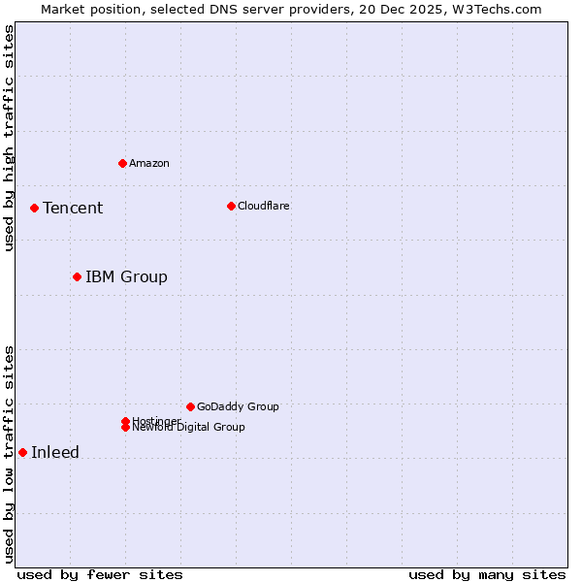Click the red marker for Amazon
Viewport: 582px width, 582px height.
point(122,163)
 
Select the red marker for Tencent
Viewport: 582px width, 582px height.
point(34,208)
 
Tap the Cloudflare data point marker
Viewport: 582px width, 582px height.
point(231,206)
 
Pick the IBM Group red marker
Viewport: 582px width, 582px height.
point(77,276)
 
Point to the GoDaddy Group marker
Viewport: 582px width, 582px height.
point(190,406)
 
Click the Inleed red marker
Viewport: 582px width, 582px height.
point(22,452)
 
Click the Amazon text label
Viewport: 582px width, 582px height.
point(149,163)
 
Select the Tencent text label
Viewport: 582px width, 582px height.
point(73,208)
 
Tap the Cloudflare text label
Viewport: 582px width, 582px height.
point(264,206)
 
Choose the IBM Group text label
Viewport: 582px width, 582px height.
point(126,276)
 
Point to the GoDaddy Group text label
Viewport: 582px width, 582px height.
point(238,406)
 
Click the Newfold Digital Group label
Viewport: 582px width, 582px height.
point(189,428)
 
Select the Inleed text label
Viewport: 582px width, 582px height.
point(55,452)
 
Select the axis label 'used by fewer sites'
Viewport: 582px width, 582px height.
point(100,574)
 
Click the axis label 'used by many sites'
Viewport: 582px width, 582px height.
point(487,574)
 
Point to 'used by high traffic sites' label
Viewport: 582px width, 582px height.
point(9,138)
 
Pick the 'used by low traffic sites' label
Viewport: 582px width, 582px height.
point(9,454)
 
